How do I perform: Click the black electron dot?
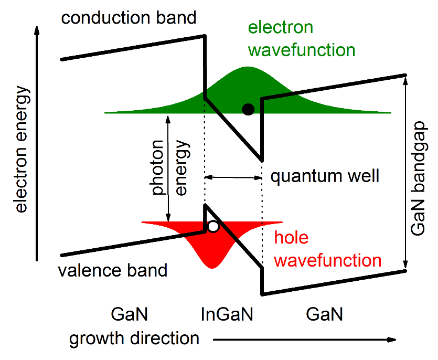pos(248,109)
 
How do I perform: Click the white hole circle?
pos(213,226)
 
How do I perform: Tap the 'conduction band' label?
pos(129,18)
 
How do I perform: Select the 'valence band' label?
pos(113,270)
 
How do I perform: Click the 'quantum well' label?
pos(325,177)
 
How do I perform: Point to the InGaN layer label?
pos(227,314)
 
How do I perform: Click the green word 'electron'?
pos(281,27)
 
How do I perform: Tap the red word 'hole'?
pos(291,237)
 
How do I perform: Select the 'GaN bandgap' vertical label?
pos(418,178)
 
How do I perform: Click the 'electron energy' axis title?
pos(21,149)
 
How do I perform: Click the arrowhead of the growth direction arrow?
pos(392,340)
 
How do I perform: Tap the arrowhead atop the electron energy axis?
pos(37,30)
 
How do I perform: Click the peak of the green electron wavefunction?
pos(248,67)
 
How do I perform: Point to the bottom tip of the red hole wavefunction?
pos(212,268)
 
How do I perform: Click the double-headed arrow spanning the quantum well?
pos(233,177)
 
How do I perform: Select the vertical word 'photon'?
pos(157,167)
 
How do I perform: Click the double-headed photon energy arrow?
pos(168,168)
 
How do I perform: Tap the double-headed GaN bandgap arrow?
pos(405,173)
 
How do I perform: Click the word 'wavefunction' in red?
pos(328,260)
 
